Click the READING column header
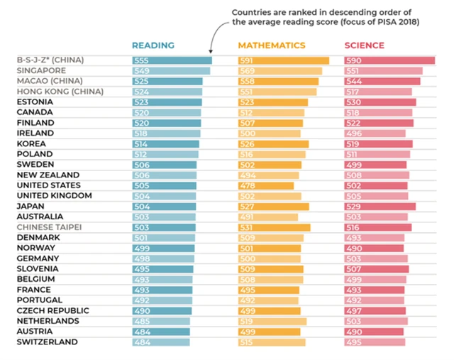(x=153, y=45)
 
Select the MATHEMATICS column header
(x=272, y=45)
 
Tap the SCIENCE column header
(x=365, y=45)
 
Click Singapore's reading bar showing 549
(x=171, y=71)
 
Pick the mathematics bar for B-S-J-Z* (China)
(x=284, y=60)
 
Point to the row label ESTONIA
(x=36, y=102)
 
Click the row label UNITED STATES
(x=49, y=185)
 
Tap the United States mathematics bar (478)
(x=266, y=185)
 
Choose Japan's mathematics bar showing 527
(x=274, y=207)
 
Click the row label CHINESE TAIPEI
(x=49, y=227)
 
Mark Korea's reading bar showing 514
(x=165, y=144)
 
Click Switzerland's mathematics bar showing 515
(x=272, y=342)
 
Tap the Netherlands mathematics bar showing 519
(x=272, y=321)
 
